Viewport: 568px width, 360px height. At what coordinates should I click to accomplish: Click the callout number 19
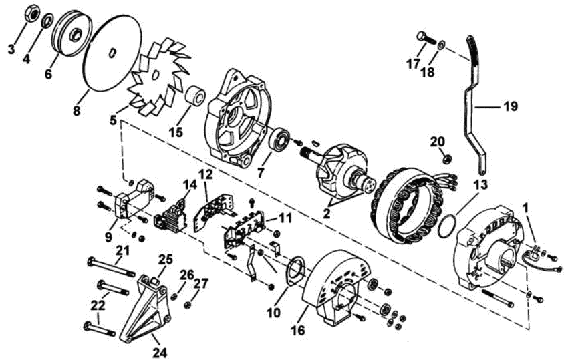pyautogui.click(x=510, y=106)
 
